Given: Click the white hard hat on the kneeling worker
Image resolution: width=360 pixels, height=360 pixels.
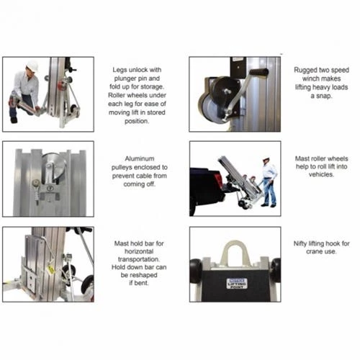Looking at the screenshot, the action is [32, 66].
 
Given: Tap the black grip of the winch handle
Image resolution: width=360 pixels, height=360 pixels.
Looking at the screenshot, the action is [258, 72].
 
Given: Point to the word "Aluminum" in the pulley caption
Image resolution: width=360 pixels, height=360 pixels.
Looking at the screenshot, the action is [140, 158].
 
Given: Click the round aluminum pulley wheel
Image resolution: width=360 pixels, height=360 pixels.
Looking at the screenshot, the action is [54, 165].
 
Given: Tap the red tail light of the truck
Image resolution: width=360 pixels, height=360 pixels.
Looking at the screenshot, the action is [217, 179].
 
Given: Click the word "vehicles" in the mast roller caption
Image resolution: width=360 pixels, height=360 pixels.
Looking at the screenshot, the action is [321, 174].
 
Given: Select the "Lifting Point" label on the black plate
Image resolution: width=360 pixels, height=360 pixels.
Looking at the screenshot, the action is [237, 284].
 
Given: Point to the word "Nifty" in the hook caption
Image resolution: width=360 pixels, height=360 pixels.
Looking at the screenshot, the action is [300, 244].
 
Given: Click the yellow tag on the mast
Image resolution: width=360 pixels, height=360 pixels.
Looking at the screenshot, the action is [51, 270].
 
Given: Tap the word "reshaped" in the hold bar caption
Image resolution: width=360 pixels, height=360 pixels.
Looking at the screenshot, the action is [143, 275].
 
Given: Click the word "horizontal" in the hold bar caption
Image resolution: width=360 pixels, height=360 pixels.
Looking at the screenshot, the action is [139, 251].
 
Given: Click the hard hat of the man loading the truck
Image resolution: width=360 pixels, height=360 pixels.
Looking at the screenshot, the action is [266, 159].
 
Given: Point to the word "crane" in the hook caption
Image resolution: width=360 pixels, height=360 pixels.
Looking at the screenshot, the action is [314, 252].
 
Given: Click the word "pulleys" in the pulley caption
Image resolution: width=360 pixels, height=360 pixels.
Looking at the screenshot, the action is [124, 168].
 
